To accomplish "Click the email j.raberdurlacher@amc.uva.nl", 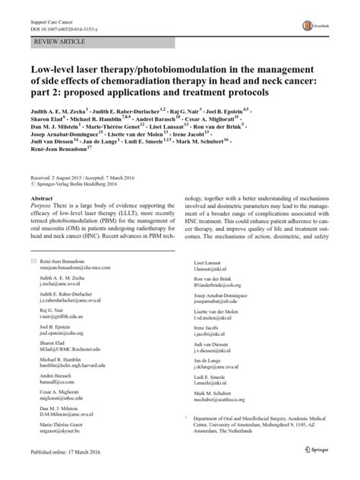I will (x=72, y=300).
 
